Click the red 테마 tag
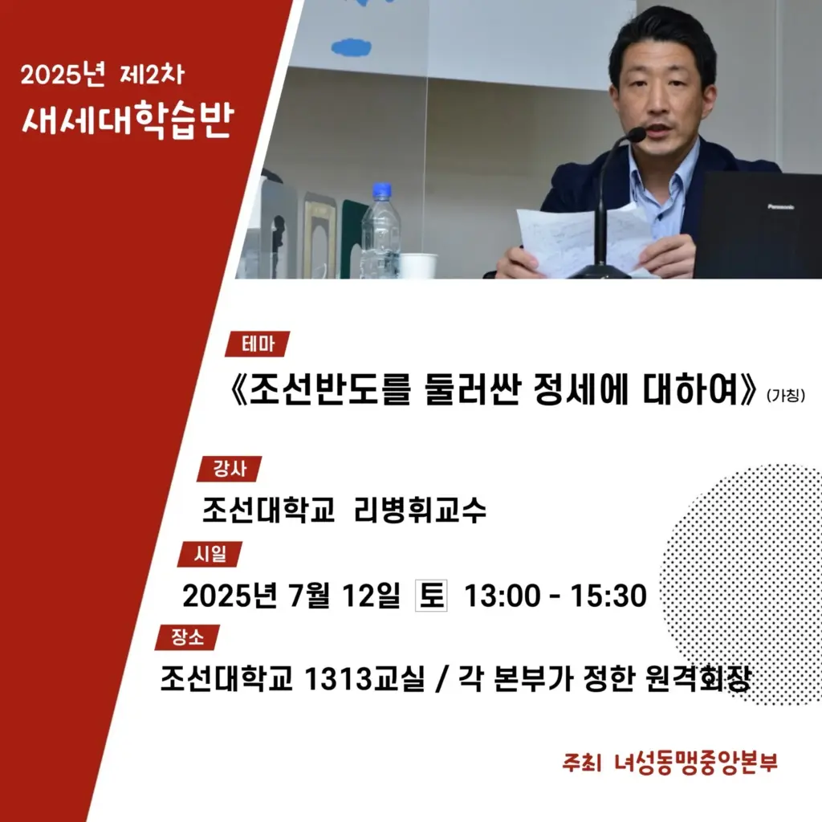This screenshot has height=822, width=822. pyautogui.click(x=258, y=344)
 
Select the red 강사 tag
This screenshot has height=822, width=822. pyautogui.click(x=229, y=469)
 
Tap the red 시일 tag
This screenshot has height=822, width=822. pyautogui.click(x=210, y=554)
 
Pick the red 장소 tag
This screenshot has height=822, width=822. pyautogui.click(x=187, y=637)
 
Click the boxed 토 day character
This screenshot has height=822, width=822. pyautogui.click(x=431, y=596)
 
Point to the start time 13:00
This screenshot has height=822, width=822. pyautogui.click(x=503, y=596)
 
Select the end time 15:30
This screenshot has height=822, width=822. pyautogui.click(x=608, y=596)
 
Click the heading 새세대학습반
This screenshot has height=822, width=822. pyautogui.click(x=128, y=120)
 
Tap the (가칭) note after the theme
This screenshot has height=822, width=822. pyautogui.click(x=786, y=395)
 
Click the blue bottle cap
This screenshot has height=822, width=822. pyautogui.click(x=381, y=189)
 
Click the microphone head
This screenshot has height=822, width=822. pyautogui.click(x=636, y=135)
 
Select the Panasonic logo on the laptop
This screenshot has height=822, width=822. pyautogui.click(x=780, y=207)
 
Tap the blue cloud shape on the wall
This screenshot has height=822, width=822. pyautogui.click(x=352, y=47)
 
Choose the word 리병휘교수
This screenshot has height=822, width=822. pyautogui.click(x=420, y=510)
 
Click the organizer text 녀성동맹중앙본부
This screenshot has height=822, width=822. pyautogui.click(x=696, y=763)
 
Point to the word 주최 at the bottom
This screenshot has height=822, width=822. pyautogui.click(x=581, y=763)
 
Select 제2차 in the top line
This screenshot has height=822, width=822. pyautogui.click(x=152, y=75)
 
